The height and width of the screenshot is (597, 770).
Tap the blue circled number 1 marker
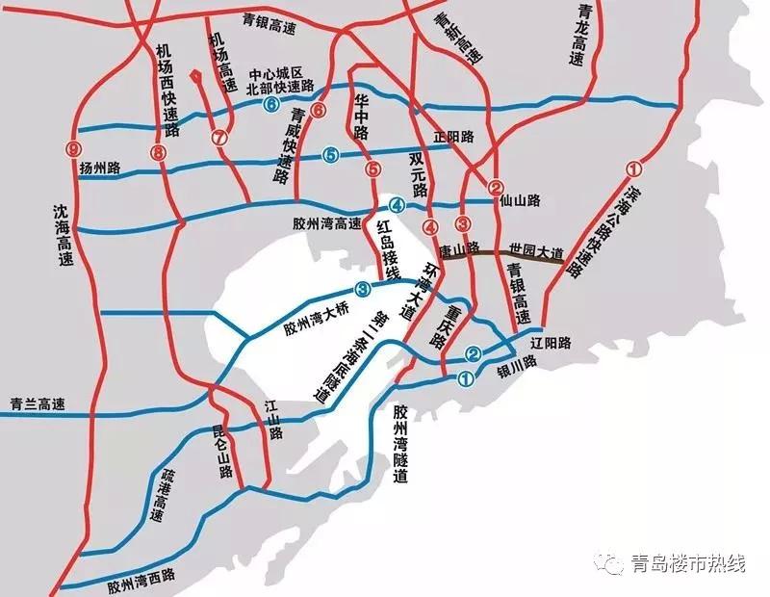point(466,378)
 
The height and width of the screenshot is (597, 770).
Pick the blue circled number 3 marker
point(362,288)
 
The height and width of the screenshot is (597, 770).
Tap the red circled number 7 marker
point(218,137)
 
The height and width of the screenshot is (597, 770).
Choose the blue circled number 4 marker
point(396,204)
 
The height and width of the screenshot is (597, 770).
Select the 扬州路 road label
point(99,169)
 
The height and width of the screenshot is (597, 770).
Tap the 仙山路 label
point(520,200)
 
